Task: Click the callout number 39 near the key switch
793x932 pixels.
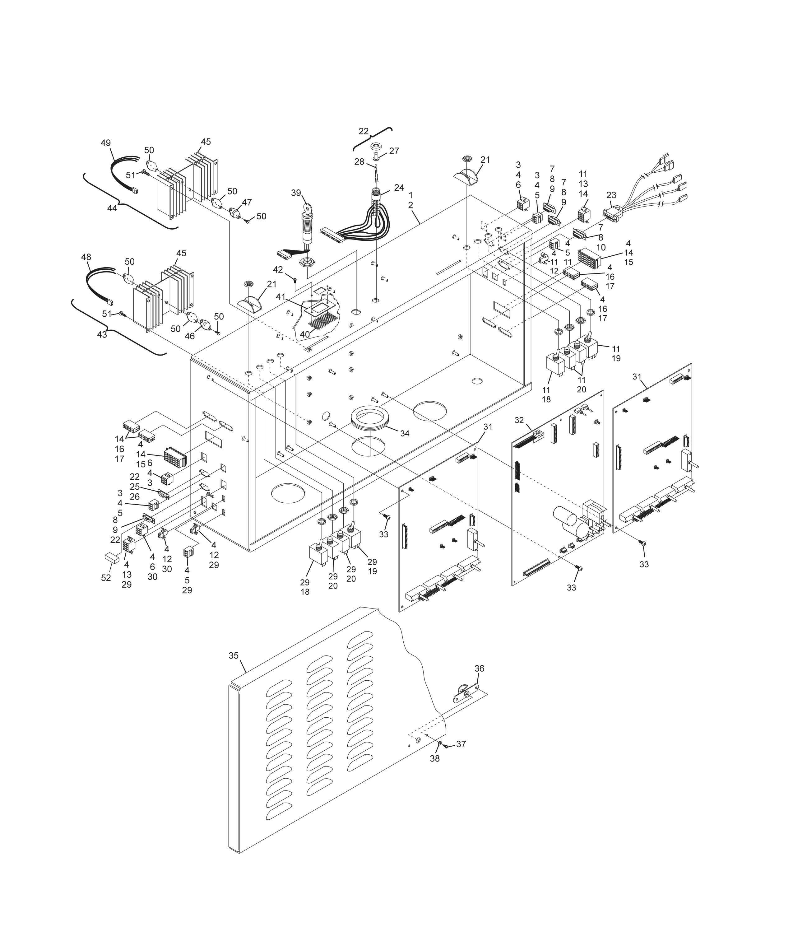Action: [x=295, y=193]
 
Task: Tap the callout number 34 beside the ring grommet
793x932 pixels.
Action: [x=405, y=433]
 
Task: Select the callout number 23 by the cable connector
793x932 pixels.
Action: [x=611, y=195]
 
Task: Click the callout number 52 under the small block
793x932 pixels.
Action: [x=106, y=578]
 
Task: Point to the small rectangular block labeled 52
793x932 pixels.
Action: [x=112, y=558]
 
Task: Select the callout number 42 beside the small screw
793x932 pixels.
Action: [x=278, y=270]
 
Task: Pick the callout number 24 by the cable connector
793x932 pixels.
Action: [x=399, y=188]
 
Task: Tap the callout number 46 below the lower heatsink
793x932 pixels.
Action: [x=190, y=336]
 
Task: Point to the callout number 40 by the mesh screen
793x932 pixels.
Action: [x=305, y=334]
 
